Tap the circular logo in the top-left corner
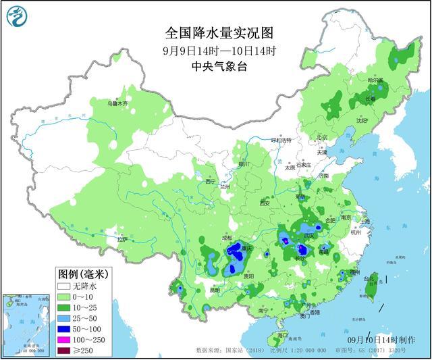coord(20,20)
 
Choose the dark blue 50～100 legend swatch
coord(65,328)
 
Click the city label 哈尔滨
coord(375,80)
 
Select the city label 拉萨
coord(122,240)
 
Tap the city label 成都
coord(225,238)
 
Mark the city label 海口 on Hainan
coord(283,335)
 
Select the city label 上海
coord(365,221)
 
